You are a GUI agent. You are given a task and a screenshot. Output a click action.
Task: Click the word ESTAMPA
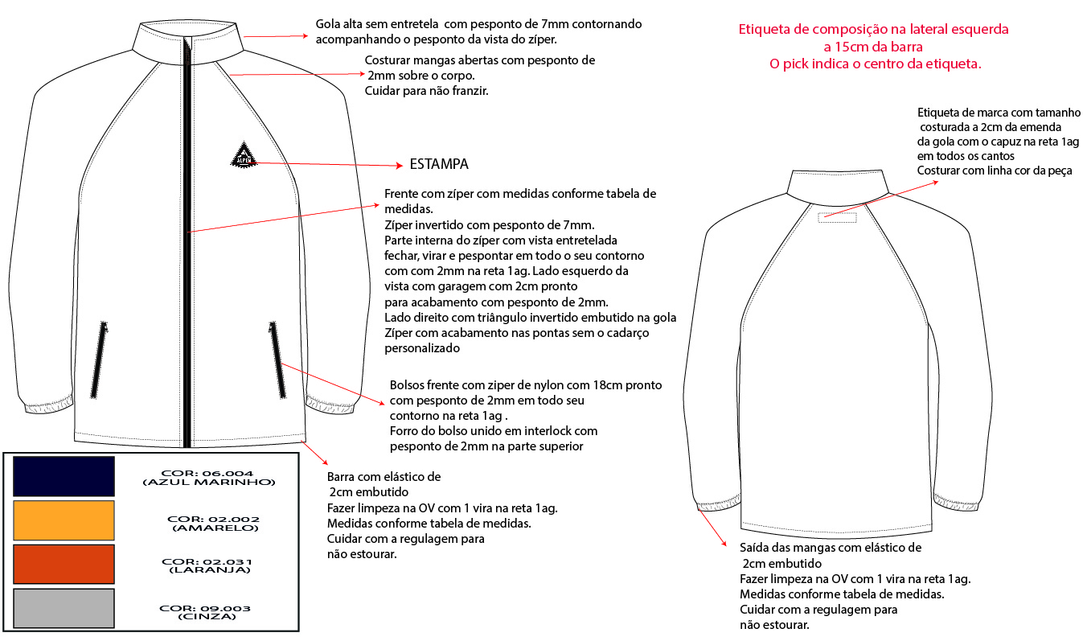[439, 164]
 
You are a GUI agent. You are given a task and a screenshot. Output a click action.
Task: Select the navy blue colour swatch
[64, 475]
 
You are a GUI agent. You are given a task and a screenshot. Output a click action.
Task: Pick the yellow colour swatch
[64, 520]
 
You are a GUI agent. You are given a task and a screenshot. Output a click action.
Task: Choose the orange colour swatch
[64, 564]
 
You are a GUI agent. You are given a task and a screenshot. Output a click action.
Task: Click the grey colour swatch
[64, 608]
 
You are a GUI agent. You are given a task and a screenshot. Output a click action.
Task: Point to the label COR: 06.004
[207, 473]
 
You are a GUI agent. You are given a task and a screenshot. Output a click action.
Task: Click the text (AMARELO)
[215, 528]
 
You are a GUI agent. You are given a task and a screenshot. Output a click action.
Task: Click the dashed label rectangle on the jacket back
[837, 217]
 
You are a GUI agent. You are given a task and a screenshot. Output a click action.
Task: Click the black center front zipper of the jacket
[188, 241]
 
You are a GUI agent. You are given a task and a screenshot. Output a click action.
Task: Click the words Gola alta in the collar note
[341, 24]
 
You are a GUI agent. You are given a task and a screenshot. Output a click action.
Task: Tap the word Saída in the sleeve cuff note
[756, 548]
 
